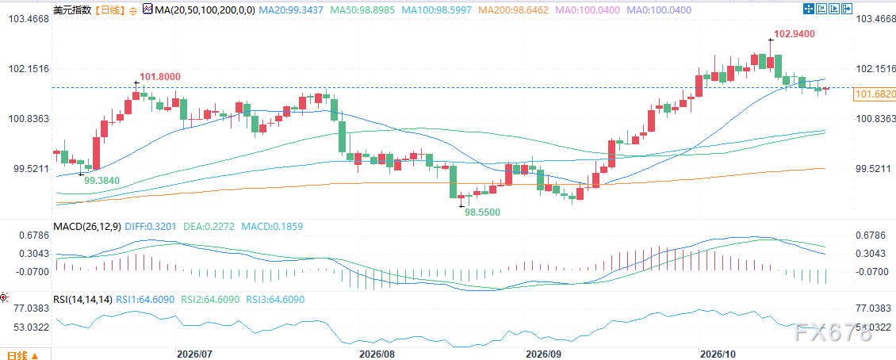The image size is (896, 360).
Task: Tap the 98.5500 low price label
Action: (482, 212)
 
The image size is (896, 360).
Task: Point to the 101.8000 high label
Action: (160, 77)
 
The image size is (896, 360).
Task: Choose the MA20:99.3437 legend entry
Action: (291, 10)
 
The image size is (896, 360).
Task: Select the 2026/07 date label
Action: (195, 354)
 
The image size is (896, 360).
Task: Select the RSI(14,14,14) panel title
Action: (83, 299)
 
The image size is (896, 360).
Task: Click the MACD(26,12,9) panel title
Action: (86, 226)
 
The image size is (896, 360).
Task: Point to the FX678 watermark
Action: (833, 331)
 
